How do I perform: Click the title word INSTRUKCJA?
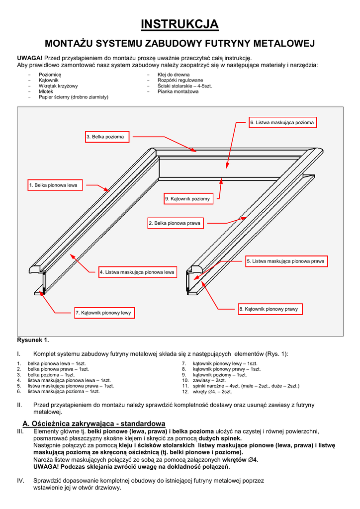tap(180, 24)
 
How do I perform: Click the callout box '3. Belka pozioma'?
tap(105, 137)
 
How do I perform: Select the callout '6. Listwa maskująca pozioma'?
tap(282, 122)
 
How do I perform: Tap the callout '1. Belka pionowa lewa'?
tap(53, 185)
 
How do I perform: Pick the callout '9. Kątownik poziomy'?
tap(187, 199)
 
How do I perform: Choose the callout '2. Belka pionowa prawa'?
tap(175, 224)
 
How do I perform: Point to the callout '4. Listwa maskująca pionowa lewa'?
tap(137, 272)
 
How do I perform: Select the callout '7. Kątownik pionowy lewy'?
tap(103, 313)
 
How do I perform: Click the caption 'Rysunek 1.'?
tap(33, 340)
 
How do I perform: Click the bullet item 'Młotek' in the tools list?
tap(46, 91)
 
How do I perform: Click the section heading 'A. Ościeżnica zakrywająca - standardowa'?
tap(94, 423)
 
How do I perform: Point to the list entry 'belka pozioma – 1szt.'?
tap(51, 375)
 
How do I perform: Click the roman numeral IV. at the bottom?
tap(21, 481)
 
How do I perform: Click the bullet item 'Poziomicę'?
tap(50, 75)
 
